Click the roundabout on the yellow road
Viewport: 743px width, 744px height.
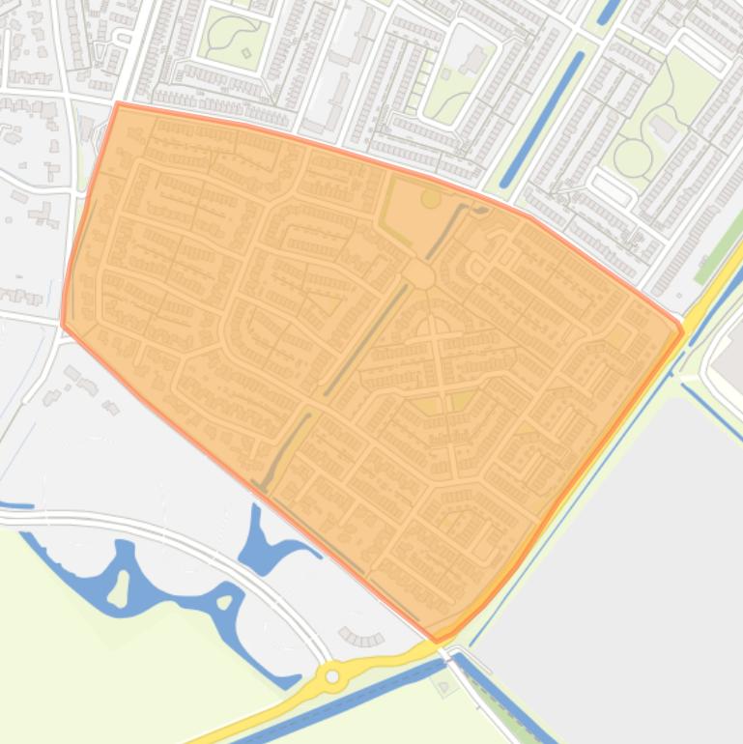pyautogui.click(x=333, y=677)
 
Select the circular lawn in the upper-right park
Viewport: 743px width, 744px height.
pyautogui.click(x=633, y=157)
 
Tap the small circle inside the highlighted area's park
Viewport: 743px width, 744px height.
pyautogui.click(x=430, y=198)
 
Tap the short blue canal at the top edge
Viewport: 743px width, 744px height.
pyautogui.click(x=609, y=11)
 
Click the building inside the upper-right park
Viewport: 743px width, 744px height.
pyautogui.click(x=663, y=127)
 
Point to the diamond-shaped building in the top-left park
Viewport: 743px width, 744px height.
pyautogui.click(x=246, y=53)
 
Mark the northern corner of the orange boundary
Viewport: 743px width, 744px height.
pyautogui.click(x=118, y=103)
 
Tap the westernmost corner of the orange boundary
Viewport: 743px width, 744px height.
pyautogui.click(x=63, y=325)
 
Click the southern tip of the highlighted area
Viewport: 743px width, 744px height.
pyautogui.click(x=437, y=641)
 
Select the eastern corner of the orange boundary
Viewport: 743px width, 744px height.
pyautogui.click(x=682, y=331)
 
